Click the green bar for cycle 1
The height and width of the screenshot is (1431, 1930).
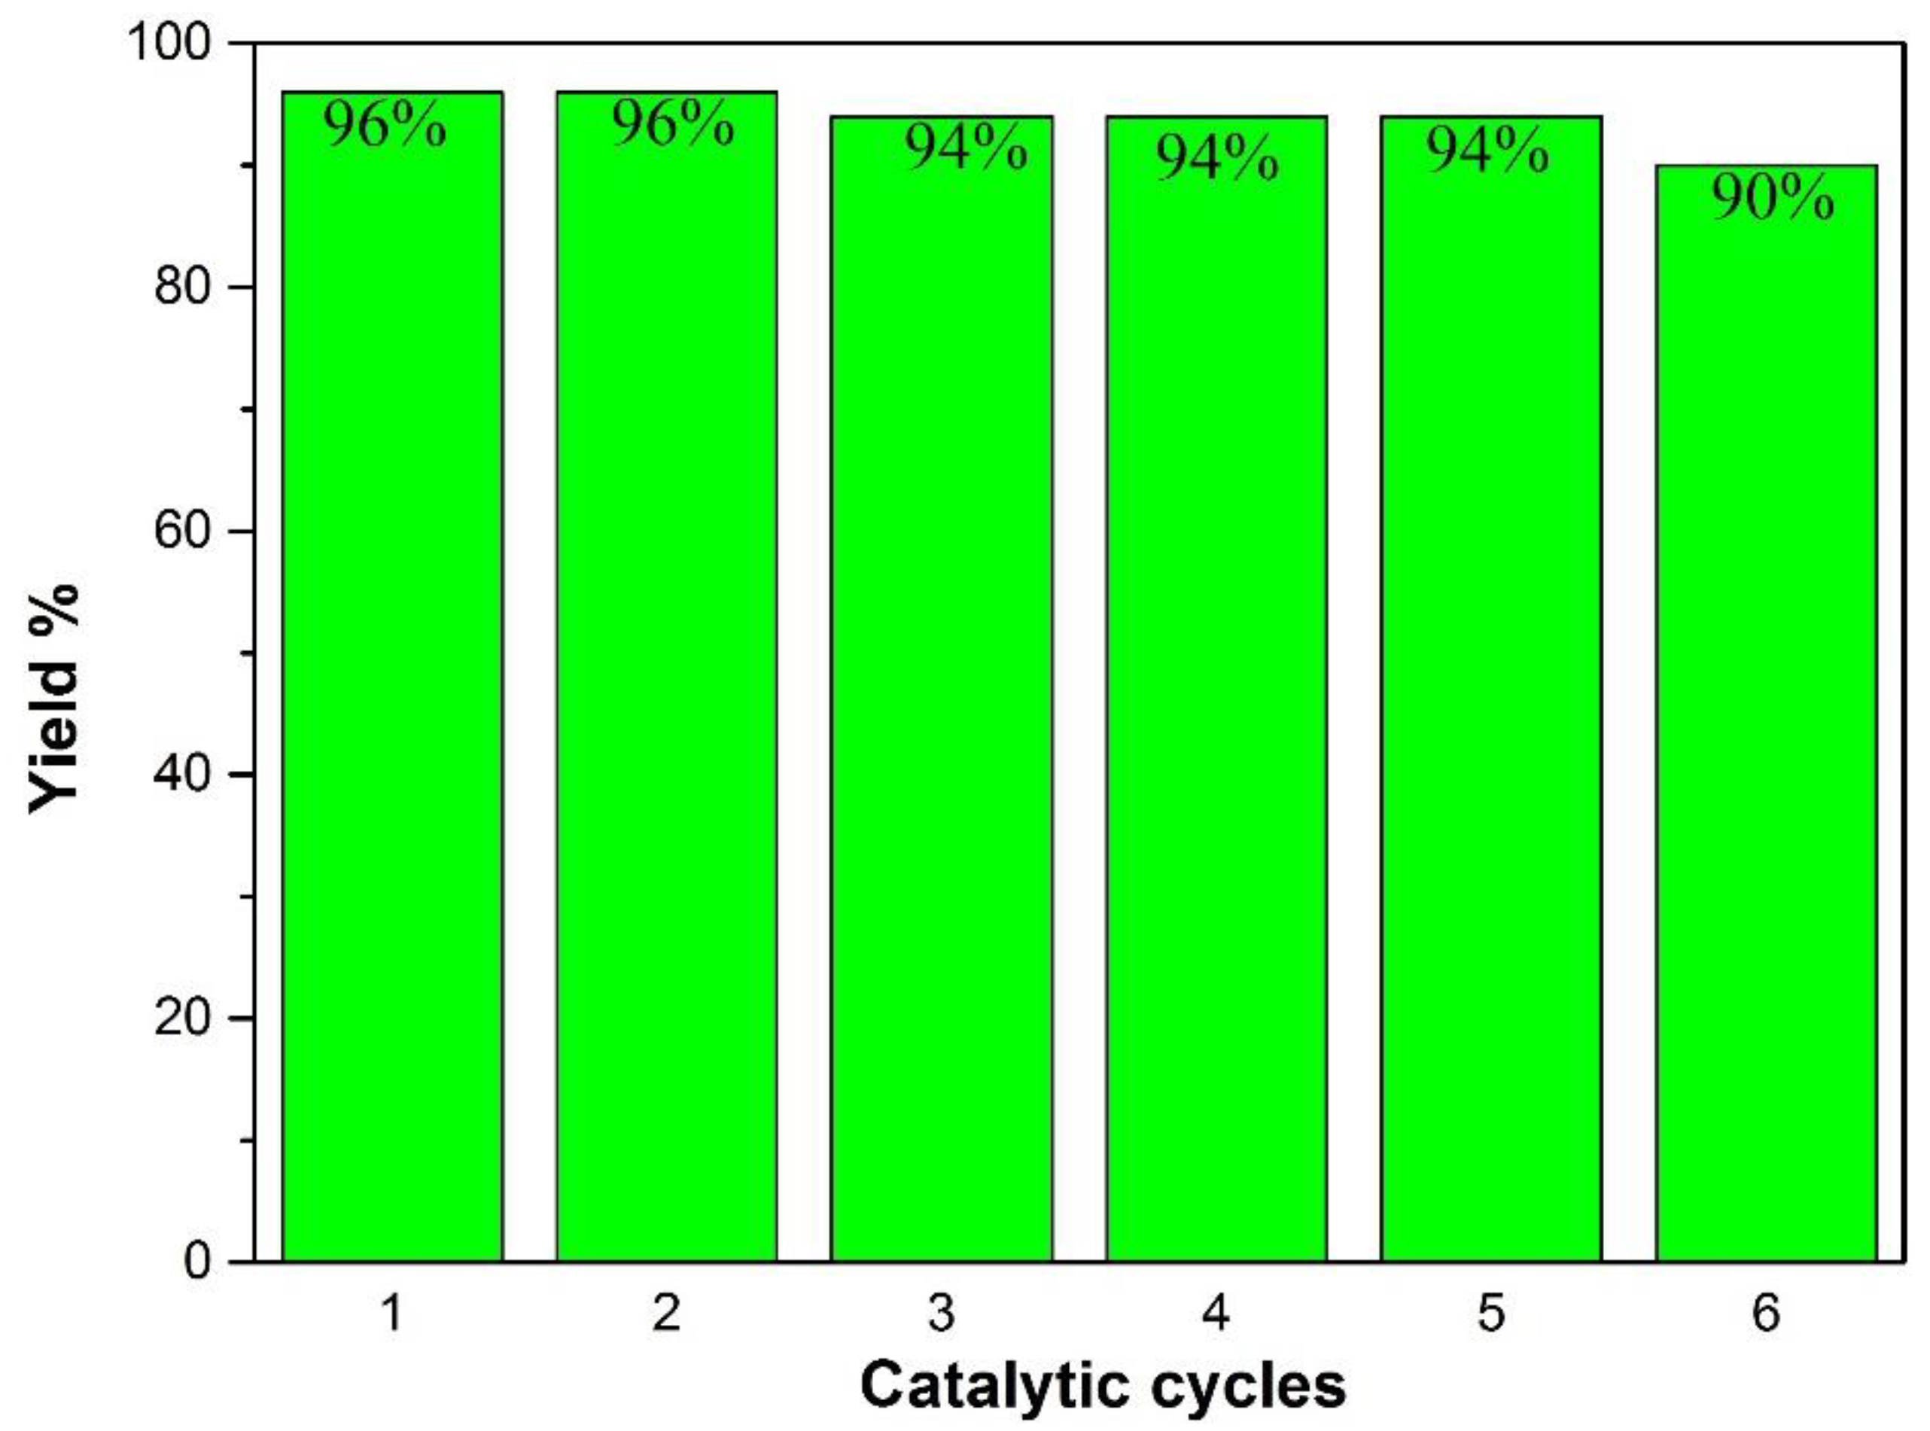(391, 693)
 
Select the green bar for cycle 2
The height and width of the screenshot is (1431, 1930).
(666, 693)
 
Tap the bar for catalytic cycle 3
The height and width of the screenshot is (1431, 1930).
(941, 693)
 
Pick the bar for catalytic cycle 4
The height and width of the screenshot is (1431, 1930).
(1216, 693)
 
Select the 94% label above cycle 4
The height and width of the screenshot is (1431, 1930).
(1217, 160)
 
